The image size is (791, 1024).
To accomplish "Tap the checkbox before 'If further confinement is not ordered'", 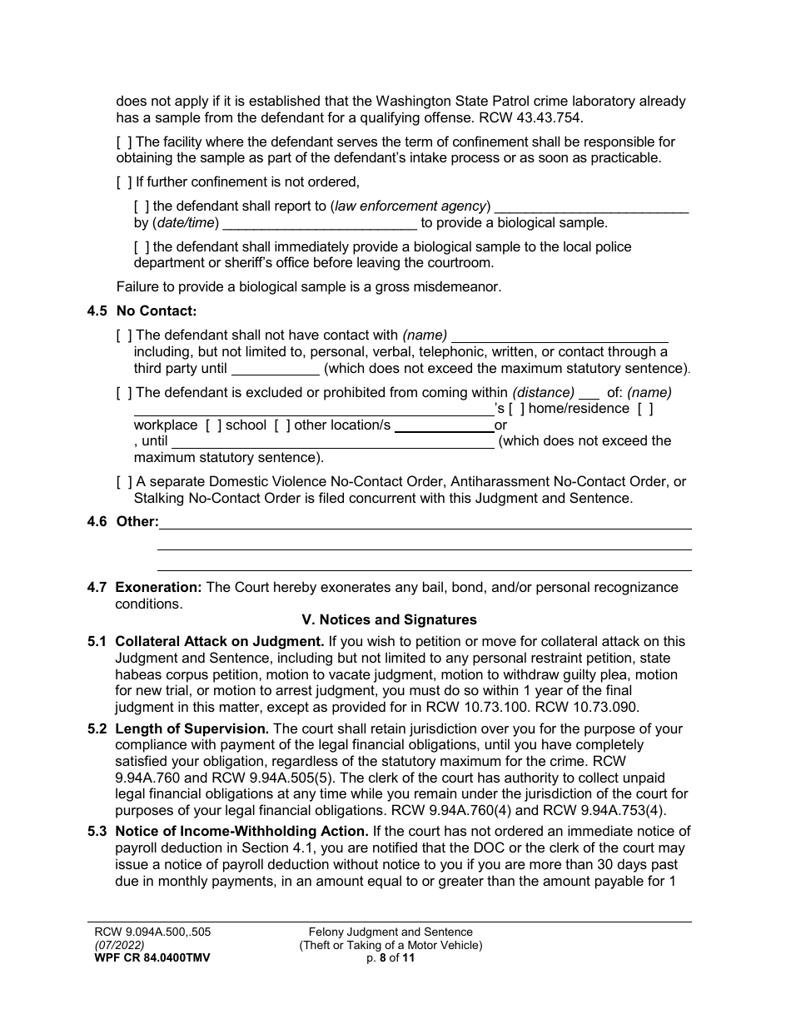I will [124, 182].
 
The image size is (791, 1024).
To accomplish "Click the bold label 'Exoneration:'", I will [158, 588].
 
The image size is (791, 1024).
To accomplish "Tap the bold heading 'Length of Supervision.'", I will [192, 729].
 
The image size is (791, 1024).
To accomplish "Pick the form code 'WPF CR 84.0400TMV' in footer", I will [152, 958].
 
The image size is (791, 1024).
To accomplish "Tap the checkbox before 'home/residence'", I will [516, 409].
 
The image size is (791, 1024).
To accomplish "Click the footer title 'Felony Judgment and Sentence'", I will [391, 932].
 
